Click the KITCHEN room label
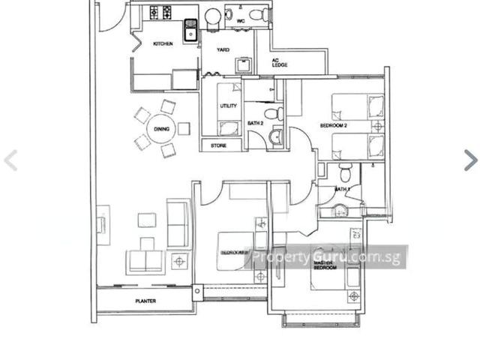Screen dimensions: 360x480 pos(163,43)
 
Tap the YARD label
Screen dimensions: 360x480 pos(223,50)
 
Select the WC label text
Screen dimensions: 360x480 pos(240,21)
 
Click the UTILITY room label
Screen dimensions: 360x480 pos(228,106)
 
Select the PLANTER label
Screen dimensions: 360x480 pos(145,301)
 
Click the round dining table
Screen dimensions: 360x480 pos(161,129)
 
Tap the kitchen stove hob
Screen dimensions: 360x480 pos(160,13)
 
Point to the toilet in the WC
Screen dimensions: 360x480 pos(257,14)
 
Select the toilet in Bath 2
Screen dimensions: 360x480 pos(275,114)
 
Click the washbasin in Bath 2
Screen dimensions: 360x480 pos(275,136)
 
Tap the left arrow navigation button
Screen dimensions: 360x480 pos(10,160)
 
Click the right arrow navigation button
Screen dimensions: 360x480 pos(469,160)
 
